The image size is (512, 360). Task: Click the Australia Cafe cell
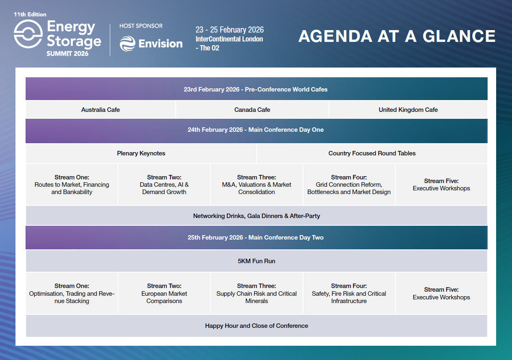(x=100, y=110)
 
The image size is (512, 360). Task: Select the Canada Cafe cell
(x=252, y=110)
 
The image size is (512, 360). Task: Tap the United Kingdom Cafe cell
(x=408, y=110)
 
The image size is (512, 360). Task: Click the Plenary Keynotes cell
(x=141, y=153)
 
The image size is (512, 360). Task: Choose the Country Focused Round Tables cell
(x=372, y=153)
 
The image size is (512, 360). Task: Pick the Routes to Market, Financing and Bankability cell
(x=72, y=185)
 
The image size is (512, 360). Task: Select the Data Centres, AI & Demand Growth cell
(x=164, y=185)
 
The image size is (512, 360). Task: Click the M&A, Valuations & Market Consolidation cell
(x=256, y=185)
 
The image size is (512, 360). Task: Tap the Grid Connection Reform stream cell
(x=349, y=185)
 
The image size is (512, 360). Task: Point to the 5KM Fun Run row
(x=256, y=261)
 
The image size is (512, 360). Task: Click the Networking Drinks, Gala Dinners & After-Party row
(x=256, y=216)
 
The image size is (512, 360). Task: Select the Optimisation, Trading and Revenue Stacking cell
(x=72, y=294)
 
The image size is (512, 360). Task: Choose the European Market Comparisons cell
(x=164, y=294)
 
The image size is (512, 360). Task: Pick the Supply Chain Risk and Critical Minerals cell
(x=256, y=294)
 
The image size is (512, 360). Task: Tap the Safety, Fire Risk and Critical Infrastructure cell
(x=349, y=294)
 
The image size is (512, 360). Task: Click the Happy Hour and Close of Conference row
(x=256, y=326)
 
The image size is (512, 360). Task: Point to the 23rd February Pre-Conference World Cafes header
(x=256, y=89)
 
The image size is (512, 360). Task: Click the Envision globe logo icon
(x=127, y=44)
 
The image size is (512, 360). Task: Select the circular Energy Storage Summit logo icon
(x=28, y=34)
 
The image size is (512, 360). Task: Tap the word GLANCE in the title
(x=459, y=36)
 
